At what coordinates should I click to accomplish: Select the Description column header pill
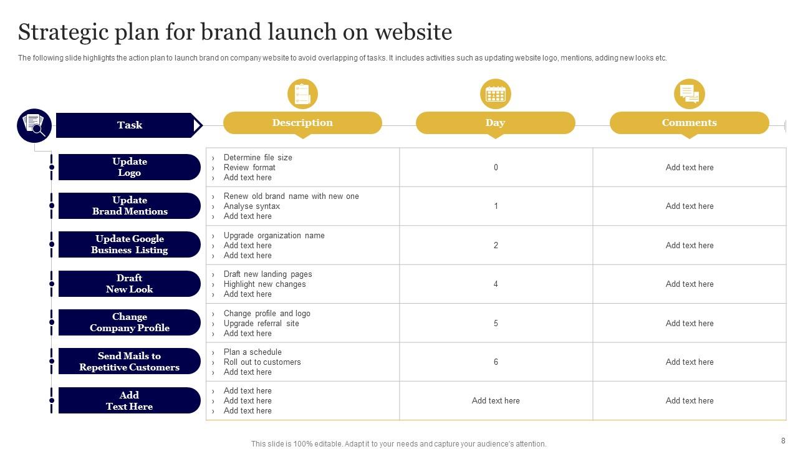tap(302, 123)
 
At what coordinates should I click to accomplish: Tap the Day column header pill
tap(495, 123)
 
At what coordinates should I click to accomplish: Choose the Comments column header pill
tap(689, 123)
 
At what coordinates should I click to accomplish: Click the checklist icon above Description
tap(302, 94)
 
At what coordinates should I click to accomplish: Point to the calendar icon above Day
tap(496, 94)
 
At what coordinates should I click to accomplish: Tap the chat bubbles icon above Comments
tap(690, 94)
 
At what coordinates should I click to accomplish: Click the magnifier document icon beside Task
tap(34, 125)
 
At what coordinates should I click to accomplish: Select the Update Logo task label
tap(130, 167)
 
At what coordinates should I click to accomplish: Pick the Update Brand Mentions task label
tap(130, 206)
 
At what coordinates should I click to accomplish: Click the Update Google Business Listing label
tap(130, 244)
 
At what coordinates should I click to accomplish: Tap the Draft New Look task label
tap(130, 284)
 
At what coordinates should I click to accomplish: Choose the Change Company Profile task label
tap(130, 322)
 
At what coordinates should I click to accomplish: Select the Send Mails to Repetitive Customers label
tap(130, 362)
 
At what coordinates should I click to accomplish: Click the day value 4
tap(496, 284)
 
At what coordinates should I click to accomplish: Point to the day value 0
tap(496, 167)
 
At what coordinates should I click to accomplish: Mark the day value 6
tap(496, 362)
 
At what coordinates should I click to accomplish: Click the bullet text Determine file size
tap(257, 158)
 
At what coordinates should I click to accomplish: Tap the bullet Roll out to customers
tap(262, 362)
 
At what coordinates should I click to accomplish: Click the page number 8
tap(783, 440)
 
